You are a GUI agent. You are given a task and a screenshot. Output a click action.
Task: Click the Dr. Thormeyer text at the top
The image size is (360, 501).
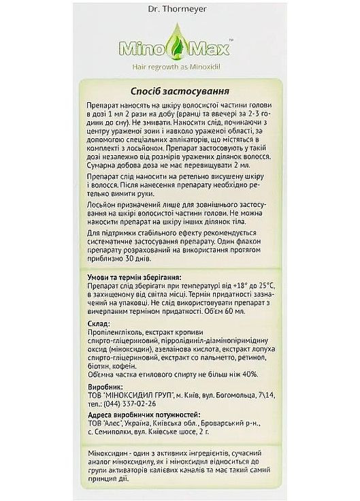(x=180, y=11)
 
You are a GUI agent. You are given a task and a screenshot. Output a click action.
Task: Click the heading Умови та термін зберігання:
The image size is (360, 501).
(x=134, y=278)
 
